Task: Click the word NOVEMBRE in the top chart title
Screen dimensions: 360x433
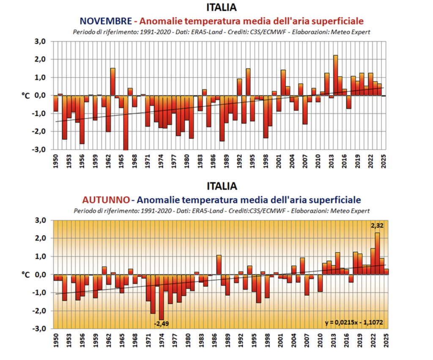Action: coord(105,21)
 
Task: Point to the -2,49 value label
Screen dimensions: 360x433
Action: coord(161,324)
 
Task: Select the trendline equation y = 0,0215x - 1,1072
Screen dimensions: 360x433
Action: coord(354,323)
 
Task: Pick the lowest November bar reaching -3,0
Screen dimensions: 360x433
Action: coord(126,123)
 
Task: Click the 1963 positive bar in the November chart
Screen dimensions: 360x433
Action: coord(113,82)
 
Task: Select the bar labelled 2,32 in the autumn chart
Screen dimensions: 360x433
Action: coord(377,254)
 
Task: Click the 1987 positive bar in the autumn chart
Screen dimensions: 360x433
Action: coord(219,265)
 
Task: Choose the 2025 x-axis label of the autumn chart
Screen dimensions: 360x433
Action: coord(386,341)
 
